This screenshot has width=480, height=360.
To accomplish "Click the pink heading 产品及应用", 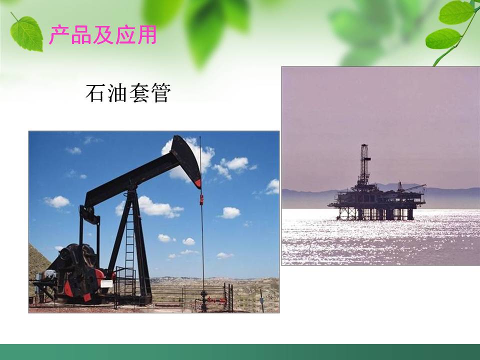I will (102, 35).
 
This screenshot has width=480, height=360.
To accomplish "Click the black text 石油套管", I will (128, 93).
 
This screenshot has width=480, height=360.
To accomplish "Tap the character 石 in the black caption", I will (95, 93).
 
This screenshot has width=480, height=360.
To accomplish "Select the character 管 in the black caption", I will (160, 93).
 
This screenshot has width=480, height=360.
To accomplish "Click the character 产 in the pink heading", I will (58, 35).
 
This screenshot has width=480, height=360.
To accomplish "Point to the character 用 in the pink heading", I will (146, 35).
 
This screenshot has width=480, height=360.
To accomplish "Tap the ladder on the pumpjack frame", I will (129, 240).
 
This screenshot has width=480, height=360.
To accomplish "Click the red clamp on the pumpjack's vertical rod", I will (201, 199).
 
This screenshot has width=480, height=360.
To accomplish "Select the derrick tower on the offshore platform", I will (364, 165).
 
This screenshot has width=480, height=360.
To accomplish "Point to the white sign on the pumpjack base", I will (106, 283).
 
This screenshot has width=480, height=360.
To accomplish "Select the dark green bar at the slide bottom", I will (240, 352).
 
